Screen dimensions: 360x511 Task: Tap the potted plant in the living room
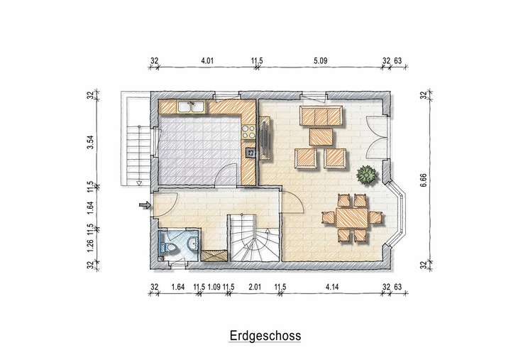pyautogui.click(x=366, y=173)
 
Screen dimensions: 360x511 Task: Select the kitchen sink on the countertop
pyautogui.click(x=191, y=107)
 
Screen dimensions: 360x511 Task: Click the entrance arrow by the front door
pyautogui.click(x=144, y=206)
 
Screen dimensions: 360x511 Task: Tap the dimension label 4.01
pyautogui.click(x=207, y=61)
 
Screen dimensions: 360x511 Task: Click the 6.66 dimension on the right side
pyautogui.click(x=424, y=180)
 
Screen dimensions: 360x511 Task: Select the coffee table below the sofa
pyautogui.click(x=322, y=134)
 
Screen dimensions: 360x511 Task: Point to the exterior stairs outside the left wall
pyautogui.click(x=131, y=145)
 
